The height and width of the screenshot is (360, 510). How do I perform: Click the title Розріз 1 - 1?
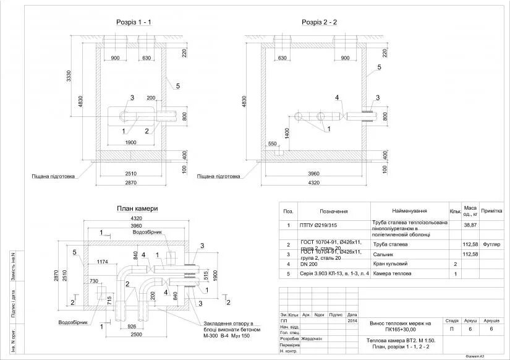[x=134, y=22]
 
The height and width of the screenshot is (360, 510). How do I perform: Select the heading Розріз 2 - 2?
[x=319, y=22]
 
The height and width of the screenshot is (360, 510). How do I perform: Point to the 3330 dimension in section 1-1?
[x=70, y=76]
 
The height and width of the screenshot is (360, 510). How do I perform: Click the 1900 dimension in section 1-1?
[x=130, y=143]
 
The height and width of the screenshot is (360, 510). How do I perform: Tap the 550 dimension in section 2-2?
[x=273, y=144]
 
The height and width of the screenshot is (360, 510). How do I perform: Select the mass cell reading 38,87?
[x=470, y=225]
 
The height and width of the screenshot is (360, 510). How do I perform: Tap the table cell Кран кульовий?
[x=389, y=264]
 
